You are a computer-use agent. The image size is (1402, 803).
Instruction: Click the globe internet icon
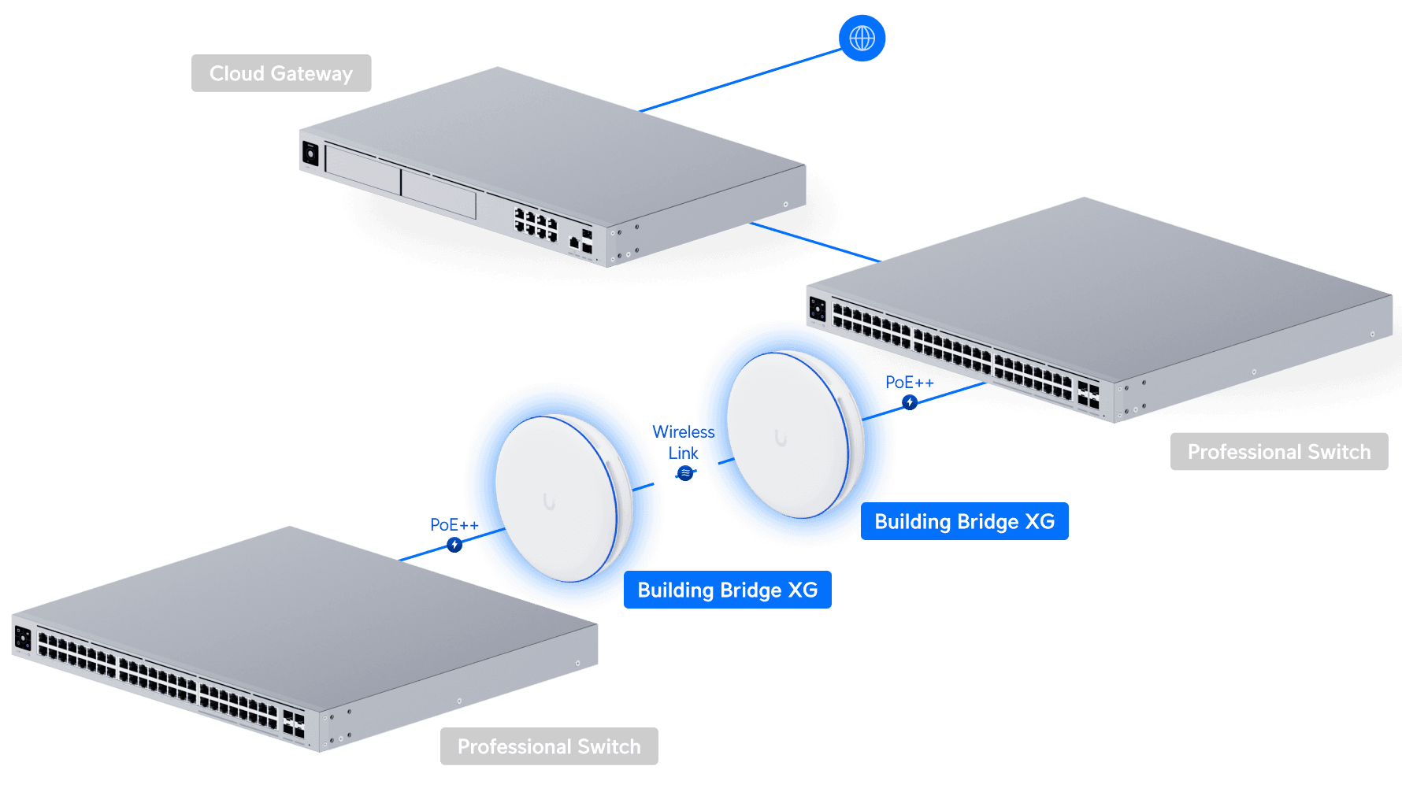(x=862, y=38)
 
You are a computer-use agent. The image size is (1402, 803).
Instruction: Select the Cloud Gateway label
(x=281, y=73)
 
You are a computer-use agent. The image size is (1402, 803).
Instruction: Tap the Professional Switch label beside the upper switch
(x=1278, y=451)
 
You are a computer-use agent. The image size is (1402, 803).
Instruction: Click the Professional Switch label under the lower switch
(x=549, y=746)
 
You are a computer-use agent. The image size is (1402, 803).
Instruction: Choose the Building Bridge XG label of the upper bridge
(x=964, y=521)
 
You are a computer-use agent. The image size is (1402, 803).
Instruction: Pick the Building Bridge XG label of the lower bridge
(x=727, y=590)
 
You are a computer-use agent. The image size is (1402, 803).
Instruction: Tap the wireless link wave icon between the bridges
(x=685, y=473)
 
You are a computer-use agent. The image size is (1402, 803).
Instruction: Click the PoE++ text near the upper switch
(x=909, y=383)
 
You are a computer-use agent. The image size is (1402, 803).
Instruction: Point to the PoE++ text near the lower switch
(x=450, y=524)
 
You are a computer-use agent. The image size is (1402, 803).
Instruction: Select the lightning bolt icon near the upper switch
(x=910, y=402)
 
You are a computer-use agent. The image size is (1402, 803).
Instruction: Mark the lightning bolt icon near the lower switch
(x=454, y=545)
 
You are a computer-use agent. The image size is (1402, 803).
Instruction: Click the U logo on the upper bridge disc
(x=781, y=438)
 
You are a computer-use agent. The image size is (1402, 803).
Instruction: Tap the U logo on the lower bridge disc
(x=549, y=501)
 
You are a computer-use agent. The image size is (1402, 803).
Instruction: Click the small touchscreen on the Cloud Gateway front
(x=310, y=154)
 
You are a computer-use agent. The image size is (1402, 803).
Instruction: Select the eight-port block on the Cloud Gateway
(x=536, y=224)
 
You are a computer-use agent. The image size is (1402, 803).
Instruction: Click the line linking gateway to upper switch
(x=815, y=242)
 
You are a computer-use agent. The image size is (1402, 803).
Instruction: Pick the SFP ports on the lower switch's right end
(x=293, y=725)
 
